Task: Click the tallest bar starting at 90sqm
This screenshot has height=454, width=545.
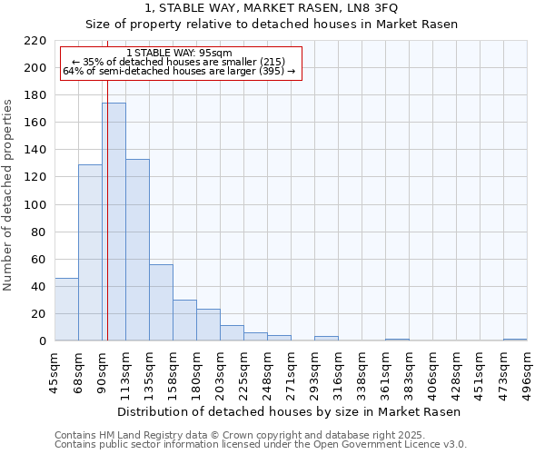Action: (114, 222)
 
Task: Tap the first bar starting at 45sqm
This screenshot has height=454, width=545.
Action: (66, 309)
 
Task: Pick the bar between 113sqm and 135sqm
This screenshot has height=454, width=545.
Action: (137, 250)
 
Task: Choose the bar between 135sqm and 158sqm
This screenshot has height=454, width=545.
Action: (161, 302)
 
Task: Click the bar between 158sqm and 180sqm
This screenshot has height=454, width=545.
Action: (184, 320)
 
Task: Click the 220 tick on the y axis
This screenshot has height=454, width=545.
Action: (36, 41)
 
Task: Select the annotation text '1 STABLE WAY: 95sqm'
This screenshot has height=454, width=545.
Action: (180, 53)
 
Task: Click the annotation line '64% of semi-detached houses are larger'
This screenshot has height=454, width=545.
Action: (180, 71)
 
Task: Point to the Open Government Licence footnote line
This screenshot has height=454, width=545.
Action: (261, 444)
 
